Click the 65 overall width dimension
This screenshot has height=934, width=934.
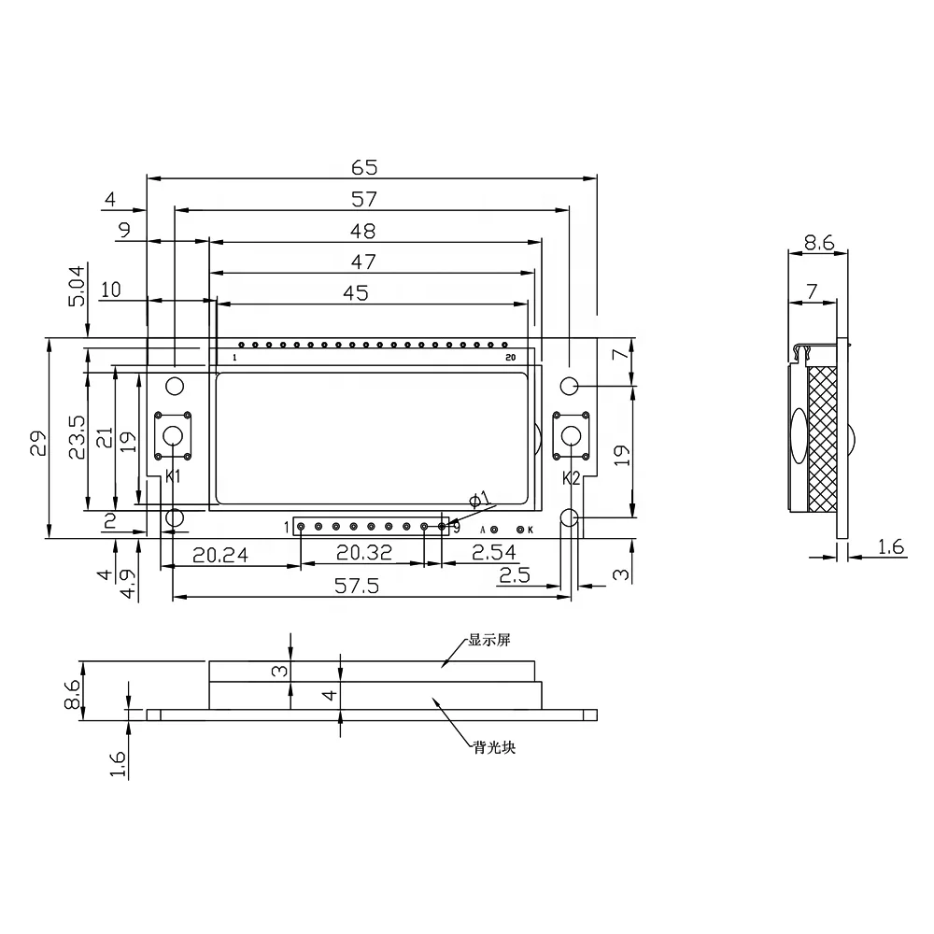point(364,167)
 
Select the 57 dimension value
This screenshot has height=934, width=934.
point(364,199)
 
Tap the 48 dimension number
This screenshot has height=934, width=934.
point(362,231)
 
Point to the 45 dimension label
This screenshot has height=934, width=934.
point(356,293)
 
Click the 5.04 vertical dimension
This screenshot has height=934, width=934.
point(77,285)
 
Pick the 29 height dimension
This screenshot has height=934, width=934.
point(38,443)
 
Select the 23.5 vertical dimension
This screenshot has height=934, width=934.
point(77,437)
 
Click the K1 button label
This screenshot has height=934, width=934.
point(172,476)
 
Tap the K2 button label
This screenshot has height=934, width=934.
point(572,478)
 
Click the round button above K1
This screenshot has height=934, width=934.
point(173,436)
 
